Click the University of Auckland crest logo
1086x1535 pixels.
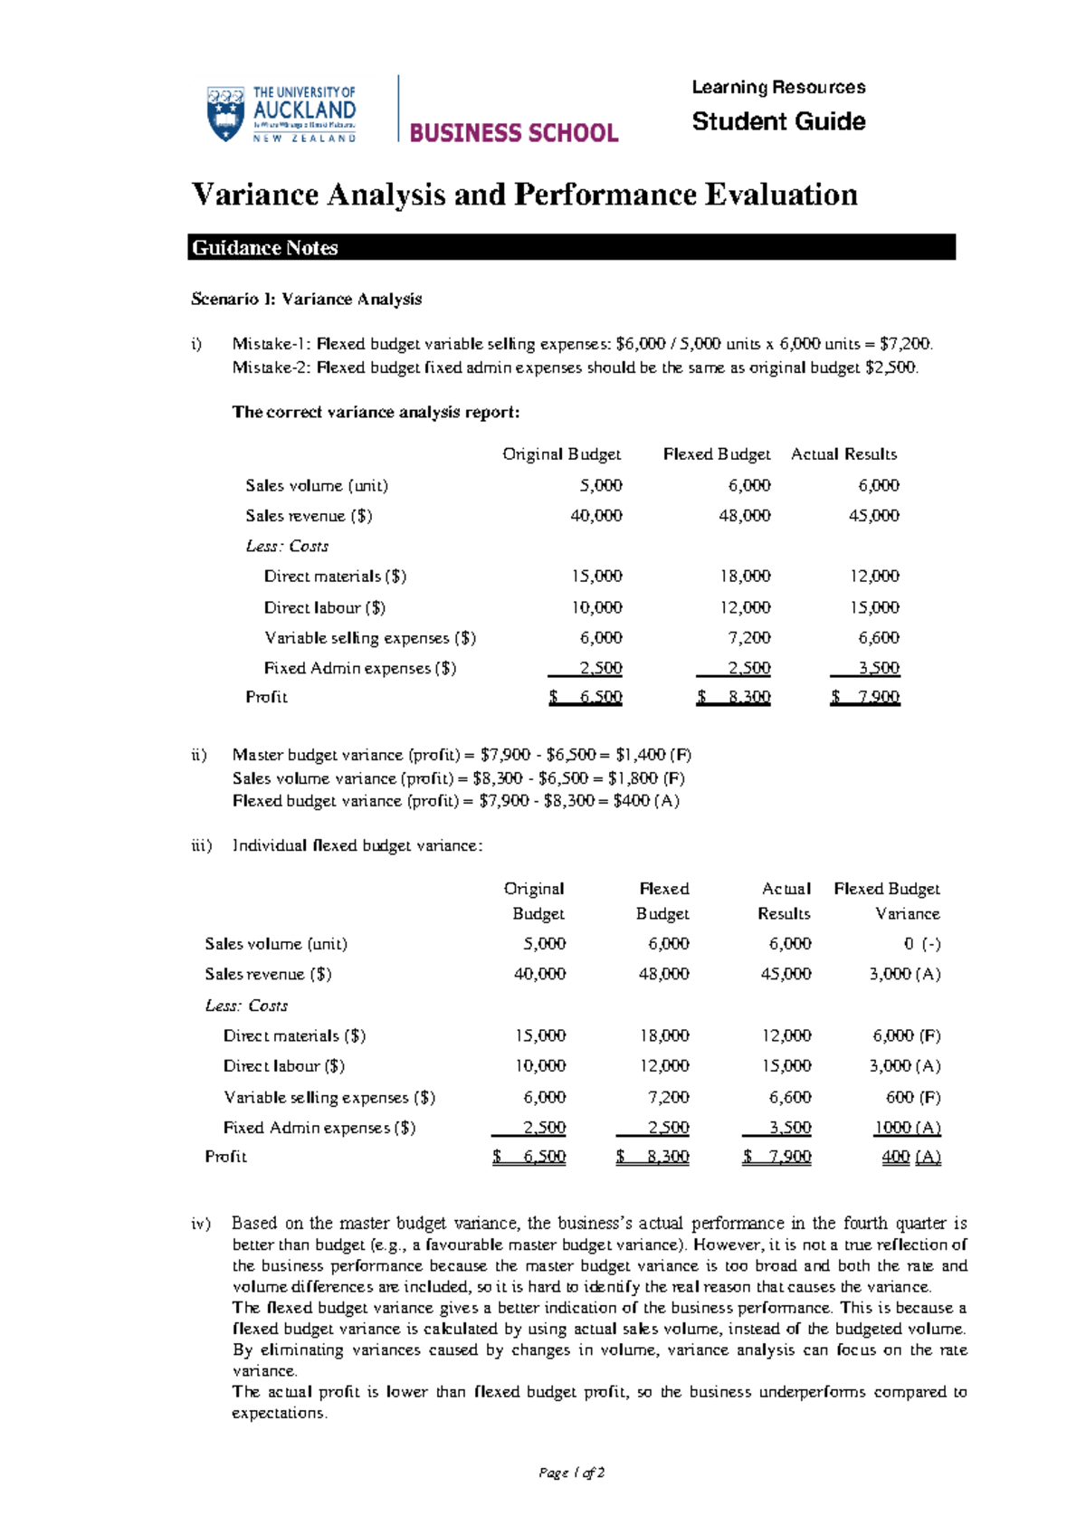(226, 114)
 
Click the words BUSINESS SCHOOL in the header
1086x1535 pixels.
(513, 133)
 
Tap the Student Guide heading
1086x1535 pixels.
(778, 121)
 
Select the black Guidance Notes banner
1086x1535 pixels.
(571, 248)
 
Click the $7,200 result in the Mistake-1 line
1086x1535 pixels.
(904, 344)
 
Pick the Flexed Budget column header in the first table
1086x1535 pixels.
(716, 454)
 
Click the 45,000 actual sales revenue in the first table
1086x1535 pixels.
(873, 516)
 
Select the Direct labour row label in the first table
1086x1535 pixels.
(324, 608)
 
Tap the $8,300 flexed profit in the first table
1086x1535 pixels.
(734, 698)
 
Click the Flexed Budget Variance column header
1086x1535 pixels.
(887, 901)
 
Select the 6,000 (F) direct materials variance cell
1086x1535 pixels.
(906, 1036)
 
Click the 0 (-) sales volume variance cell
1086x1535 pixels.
(921, 944)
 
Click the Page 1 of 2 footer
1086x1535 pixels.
(571, 1473)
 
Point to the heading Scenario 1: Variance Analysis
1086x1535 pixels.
(306, 300)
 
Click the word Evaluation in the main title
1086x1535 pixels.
(781, 195)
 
